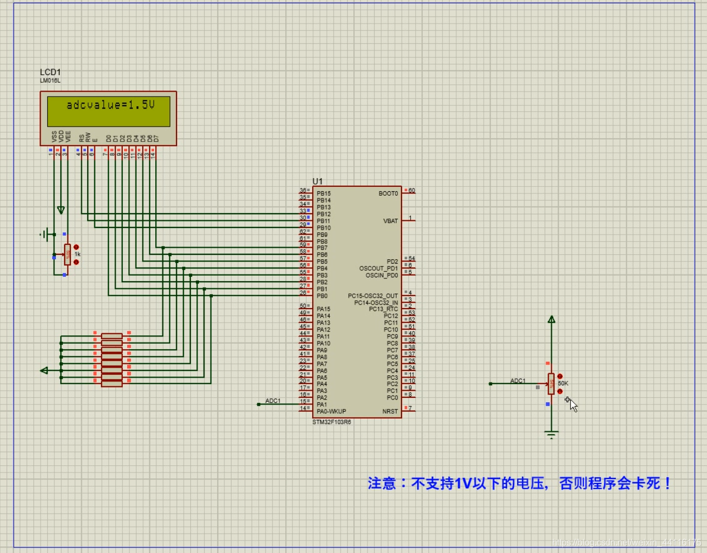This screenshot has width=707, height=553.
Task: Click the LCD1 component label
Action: [50, 72]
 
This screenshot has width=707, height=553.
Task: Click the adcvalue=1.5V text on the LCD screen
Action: [110, 105]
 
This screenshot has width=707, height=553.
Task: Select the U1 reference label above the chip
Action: [318, 181]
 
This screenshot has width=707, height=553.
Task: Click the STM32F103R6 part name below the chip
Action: [331, 422]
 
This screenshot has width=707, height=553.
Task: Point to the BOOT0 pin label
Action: [388, 193]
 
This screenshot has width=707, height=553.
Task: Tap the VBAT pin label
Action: [391, 221]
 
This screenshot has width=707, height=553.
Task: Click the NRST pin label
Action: [390, 411]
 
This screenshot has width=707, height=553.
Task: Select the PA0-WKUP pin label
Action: [331, 411]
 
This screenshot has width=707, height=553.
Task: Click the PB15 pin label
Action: [323, 193]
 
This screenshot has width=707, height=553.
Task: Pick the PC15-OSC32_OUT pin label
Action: [372, 296]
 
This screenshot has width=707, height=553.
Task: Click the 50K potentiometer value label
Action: [563, 384]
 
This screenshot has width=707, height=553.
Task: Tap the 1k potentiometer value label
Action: [77, 254]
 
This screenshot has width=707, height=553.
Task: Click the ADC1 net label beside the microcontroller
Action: [273, 401]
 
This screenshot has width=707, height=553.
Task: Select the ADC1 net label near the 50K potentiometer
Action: [518, 380]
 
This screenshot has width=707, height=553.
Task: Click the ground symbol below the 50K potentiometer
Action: [551, 435]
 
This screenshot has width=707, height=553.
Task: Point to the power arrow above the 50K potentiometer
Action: [552, 319]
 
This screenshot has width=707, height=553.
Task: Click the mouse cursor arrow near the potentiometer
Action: [572, 404]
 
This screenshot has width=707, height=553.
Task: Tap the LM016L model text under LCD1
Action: [50, 81]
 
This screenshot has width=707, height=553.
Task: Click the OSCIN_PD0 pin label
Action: [381, 275]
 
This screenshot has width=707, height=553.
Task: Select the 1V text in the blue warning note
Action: [463, 483]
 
